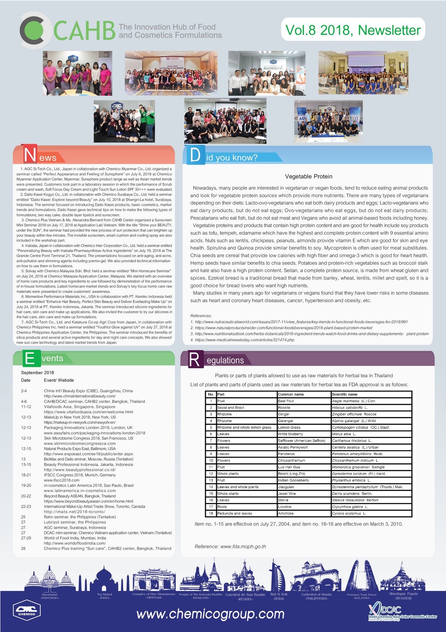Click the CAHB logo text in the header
84,31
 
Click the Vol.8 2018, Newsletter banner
353,30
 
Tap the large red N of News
30,154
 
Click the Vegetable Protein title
309,176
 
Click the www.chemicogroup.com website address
210,614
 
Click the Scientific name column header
345,394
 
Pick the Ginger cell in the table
284,414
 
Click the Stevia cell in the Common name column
283,500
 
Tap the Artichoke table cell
286,514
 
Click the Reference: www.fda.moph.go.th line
230,547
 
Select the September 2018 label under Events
37,373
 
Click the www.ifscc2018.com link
62,480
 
